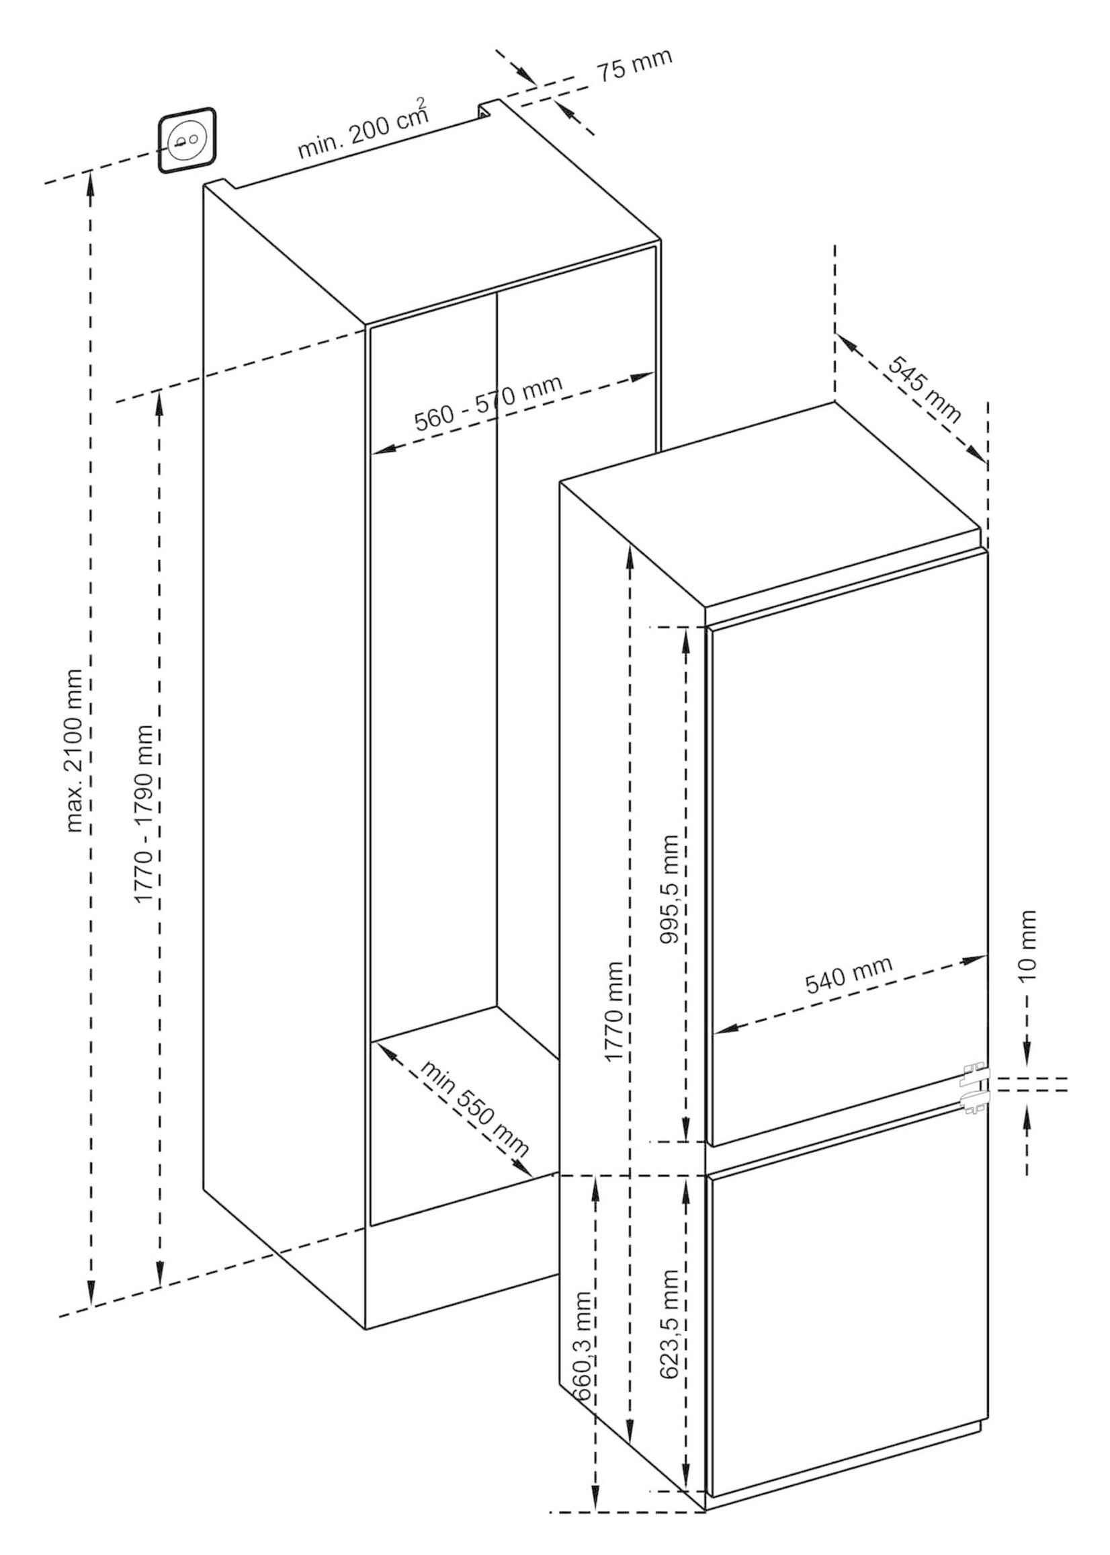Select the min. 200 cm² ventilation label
(363, 130)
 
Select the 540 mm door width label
(849, 974)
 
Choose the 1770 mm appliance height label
(613, 1011)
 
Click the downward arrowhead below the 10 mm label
(1027, 1053)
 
